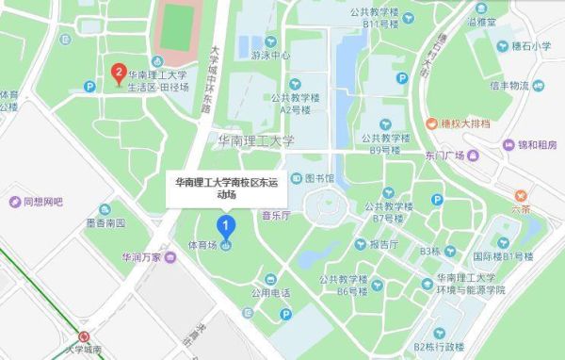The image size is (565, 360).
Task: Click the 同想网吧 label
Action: (x=41, y=202)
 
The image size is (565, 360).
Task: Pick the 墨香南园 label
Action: (x=105, y=223)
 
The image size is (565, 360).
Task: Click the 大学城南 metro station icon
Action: (x=84, y=336)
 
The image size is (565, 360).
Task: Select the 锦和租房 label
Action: (x=532, y=145)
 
